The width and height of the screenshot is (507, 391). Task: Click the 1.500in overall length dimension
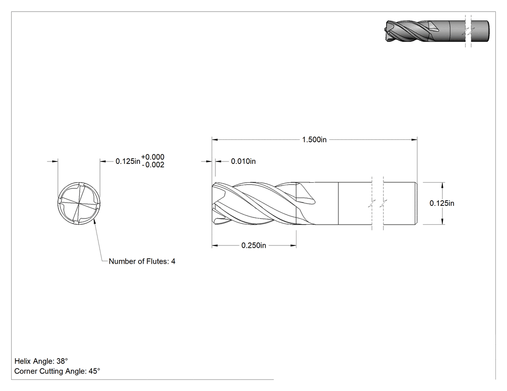click(314, 139)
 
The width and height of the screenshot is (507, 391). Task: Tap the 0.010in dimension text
click(243, 161)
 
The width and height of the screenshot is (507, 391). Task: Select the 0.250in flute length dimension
click(254, 245)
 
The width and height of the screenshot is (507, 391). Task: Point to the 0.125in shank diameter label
click(442, 203)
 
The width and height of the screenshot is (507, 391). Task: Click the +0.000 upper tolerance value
click(153, 157)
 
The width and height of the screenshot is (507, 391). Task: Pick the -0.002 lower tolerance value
click(153, 165)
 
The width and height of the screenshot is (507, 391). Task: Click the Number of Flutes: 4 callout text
click(142, 261)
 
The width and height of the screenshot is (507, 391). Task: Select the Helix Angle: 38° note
click(41, 361)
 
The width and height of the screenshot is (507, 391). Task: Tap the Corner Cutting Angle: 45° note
click(57, 371)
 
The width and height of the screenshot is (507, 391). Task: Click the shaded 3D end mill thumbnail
click(437, 31)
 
